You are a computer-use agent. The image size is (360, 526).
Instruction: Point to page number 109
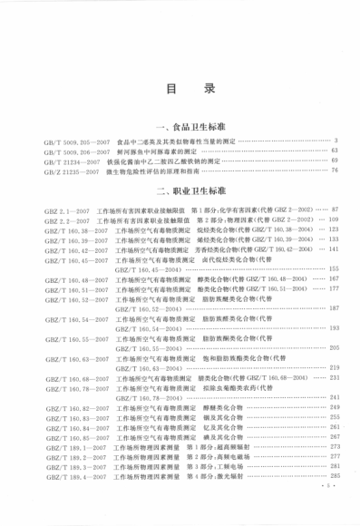(x=332, y=220)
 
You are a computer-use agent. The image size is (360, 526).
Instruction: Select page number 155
(x=333, y=269)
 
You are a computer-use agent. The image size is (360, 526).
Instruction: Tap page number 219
(x=333, y=367)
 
